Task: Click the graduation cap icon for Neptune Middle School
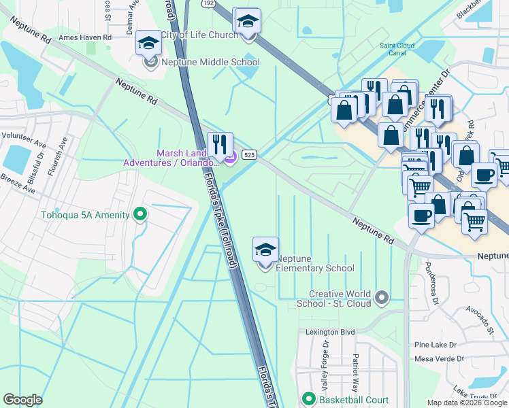[148, 44]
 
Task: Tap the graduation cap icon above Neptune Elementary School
[265, 250]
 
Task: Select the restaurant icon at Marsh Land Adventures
[219, 144]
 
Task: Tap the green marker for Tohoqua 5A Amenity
[141, 215]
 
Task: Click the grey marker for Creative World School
[382, 297]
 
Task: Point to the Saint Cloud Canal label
[393, 49]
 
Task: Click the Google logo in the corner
[22, 400]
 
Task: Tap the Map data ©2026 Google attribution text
[466, 403]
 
